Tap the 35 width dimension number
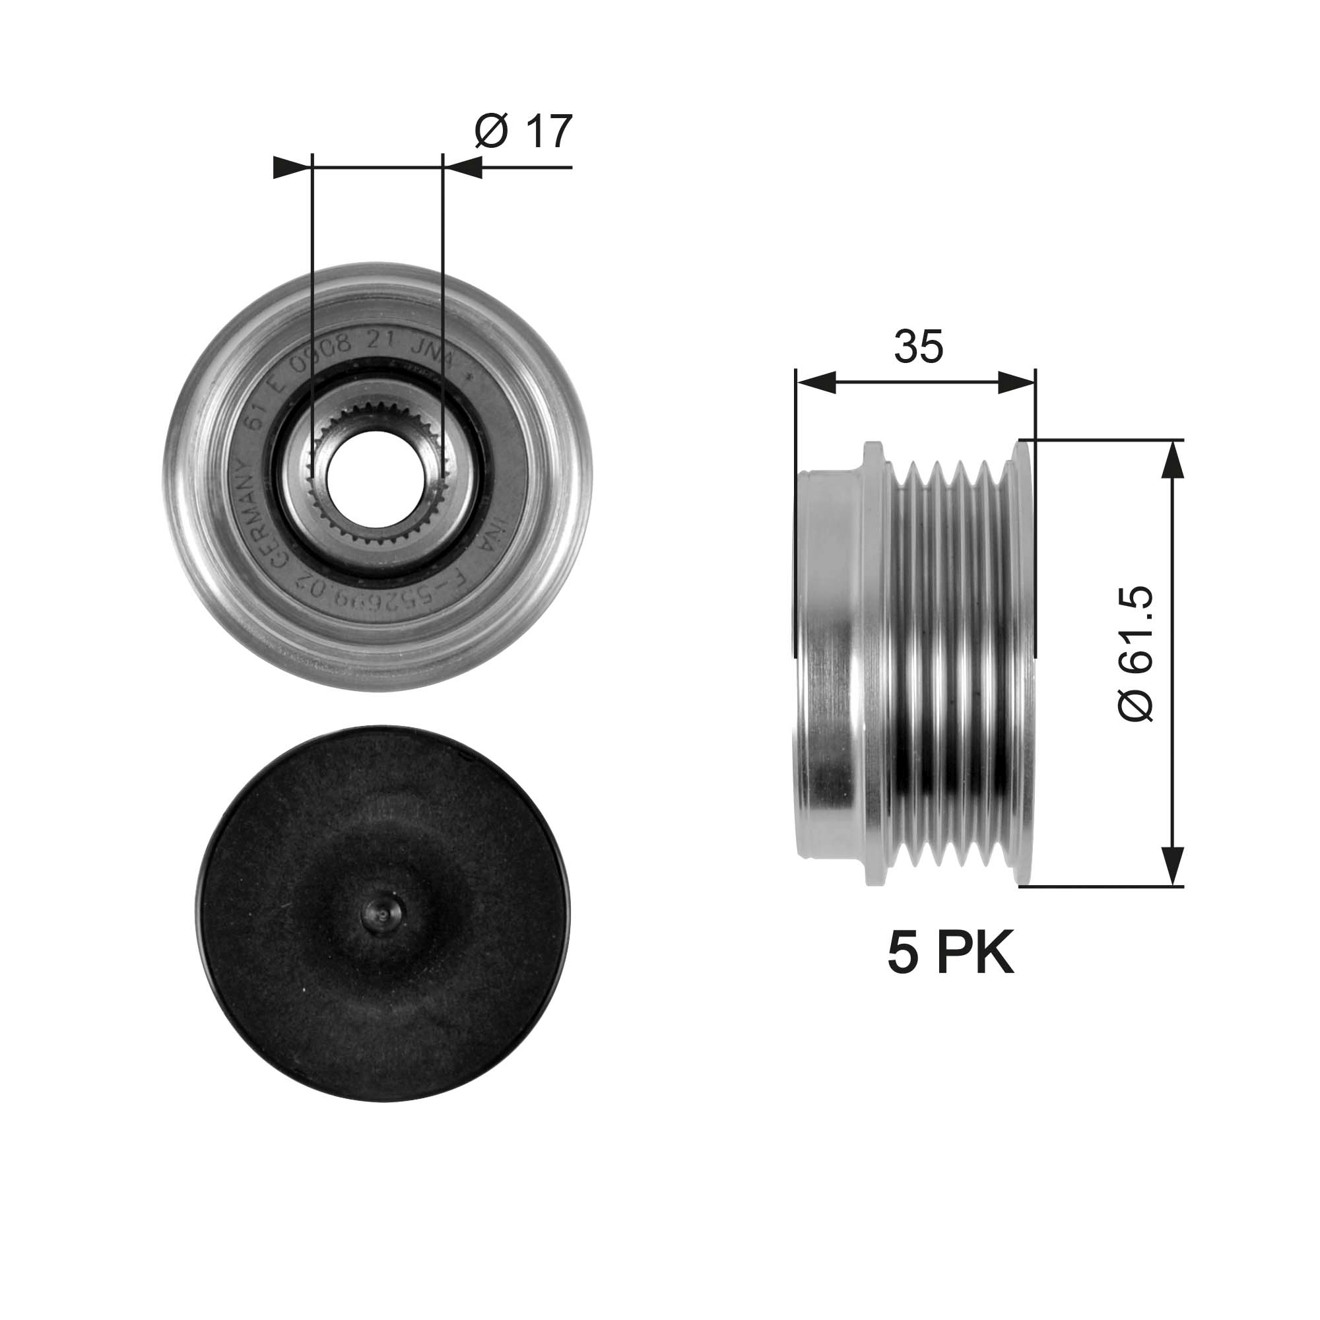click(918, 346)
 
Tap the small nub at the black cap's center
click(383, 911)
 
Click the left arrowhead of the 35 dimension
click(816, 383)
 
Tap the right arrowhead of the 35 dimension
click(1016, 383)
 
